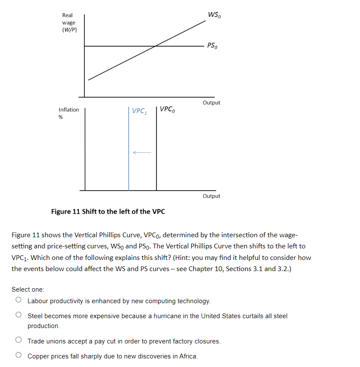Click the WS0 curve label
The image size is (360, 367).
point(214,15)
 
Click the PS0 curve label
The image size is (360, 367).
point(212,45)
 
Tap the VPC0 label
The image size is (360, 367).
point(167,109)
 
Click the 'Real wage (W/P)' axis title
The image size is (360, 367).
point(69,22)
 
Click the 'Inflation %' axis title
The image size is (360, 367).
point(69,113)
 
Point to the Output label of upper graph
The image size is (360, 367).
point(211,103)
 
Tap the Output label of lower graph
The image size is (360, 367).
point(211,196)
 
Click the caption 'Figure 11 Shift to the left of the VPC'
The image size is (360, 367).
point(108,212)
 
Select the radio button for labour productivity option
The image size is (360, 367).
point(18,301)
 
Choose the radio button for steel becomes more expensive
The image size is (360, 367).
point(18,316)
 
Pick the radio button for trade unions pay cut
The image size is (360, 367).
point(18,341)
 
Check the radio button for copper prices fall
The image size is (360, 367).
point(18,356)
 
